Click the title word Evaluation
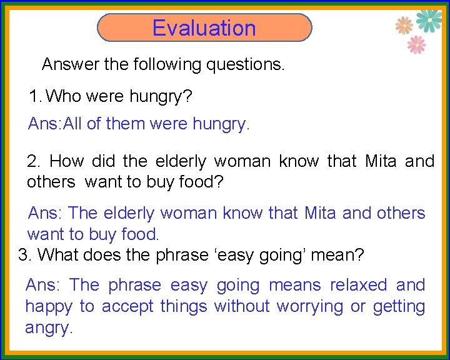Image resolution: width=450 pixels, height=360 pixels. click(204, 28)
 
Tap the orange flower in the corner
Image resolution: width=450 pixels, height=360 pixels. click(404, 25)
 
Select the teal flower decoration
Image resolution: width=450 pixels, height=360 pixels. click(429, 20)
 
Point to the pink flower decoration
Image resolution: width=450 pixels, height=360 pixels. click(416, 44)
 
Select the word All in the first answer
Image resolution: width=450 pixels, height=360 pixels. click(72, 124)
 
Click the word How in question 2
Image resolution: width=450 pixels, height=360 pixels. click(67, 161)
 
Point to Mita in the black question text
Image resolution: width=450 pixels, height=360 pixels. click(381, 161)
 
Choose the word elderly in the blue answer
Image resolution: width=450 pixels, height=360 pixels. click(129, 213)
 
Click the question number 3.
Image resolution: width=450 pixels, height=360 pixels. click(25, 255)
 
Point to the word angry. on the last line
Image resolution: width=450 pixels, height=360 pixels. click(49, 328)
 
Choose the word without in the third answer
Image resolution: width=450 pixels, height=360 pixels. click(241, 306)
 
